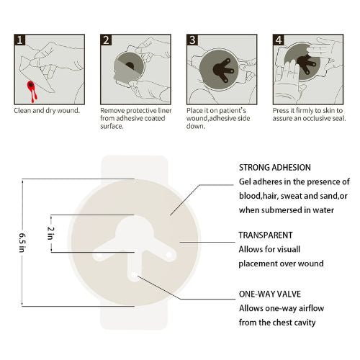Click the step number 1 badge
click(21, 40)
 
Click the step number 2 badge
click(107, 40)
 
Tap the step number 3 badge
click(193, 40)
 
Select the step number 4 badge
click(279, 40)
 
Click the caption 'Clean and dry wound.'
click(47, 111)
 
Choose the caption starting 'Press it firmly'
click(308, 114)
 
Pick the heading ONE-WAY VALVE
click(269, 294)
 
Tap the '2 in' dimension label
click(50, 233)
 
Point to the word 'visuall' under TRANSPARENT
click(294, 249)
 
